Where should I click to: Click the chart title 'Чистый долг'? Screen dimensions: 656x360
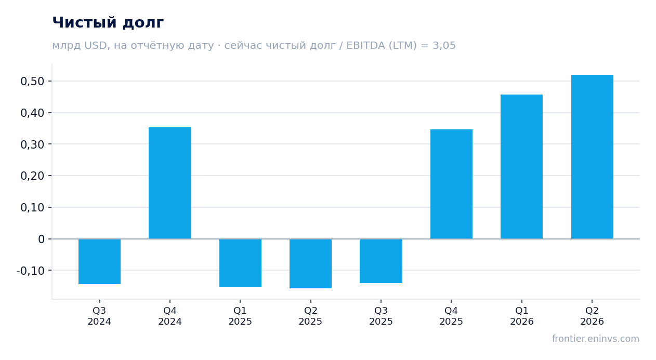[x=108, y=23]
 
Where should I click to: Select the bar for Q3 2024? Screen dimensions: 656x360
[x=100, y=261]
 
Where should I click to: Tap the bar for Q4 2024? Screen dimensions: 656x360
[x=170, y=183]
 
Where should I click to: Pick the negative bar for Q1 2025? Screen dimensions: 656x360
[x=241, y=263]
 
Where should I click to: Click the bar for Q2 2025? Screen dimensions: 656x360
[x=311, y=264]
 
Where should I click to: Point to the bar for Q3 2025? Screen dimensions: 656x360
[x=381, y=261]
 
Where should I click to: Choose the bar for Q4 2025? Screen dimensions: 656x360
[x=451, y=184]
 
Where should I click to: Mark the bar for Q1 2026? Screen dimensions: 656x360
[x=521, y=167]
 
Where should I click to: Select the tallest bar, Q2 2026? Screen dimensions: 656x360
[x=592, y=157]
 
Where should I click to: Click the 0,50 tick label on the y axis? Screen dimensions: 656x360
[x=32, y=82]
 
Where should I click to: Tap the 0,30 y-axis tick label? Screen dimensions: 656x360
[x=32, y=144]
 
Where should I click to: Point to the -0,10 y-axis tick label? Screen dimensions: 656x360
[x=31, y=271]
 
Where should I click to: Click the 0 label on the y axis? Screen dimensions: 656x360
[x=41, y=239]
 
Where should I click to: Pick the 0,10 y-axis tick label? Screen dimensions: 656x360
[x=32, y=208]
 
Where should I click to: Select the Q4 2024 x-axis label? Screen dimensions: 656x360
[x=170, y=316]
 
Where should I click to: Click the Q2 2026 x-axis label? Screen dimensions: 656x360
[x=592, y=316]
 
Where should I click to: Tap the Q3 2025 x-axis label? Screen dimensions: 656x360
[x=381, y=316]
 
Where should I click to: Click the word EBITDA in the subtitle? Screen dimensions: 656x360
[x=365, y=46]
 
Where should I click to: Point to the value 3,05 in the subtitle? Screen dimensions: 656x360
[x=444, y=46]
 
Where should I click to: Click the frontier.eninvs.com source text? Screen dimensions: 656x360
[x=596, y=339]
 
